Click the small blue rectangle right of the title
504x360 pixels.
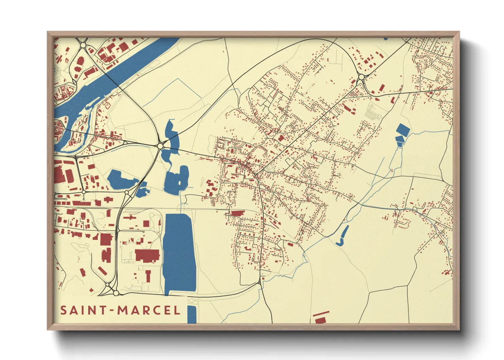coord(192,314)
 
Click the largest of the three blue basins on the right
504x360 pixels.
coord(403,129)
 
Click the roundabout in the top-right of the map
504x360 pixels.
coord(361,78)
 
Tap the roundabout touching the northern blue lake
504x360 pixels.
coord(160,146)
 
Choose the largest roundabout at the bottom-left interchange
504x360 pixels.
coord(116,293)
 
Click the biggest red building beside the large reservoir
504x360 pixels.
coord(147,255)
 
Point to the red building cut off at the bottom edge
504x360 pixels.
coord(320,320)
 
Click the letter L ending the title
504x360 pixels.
coord(177,310)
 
